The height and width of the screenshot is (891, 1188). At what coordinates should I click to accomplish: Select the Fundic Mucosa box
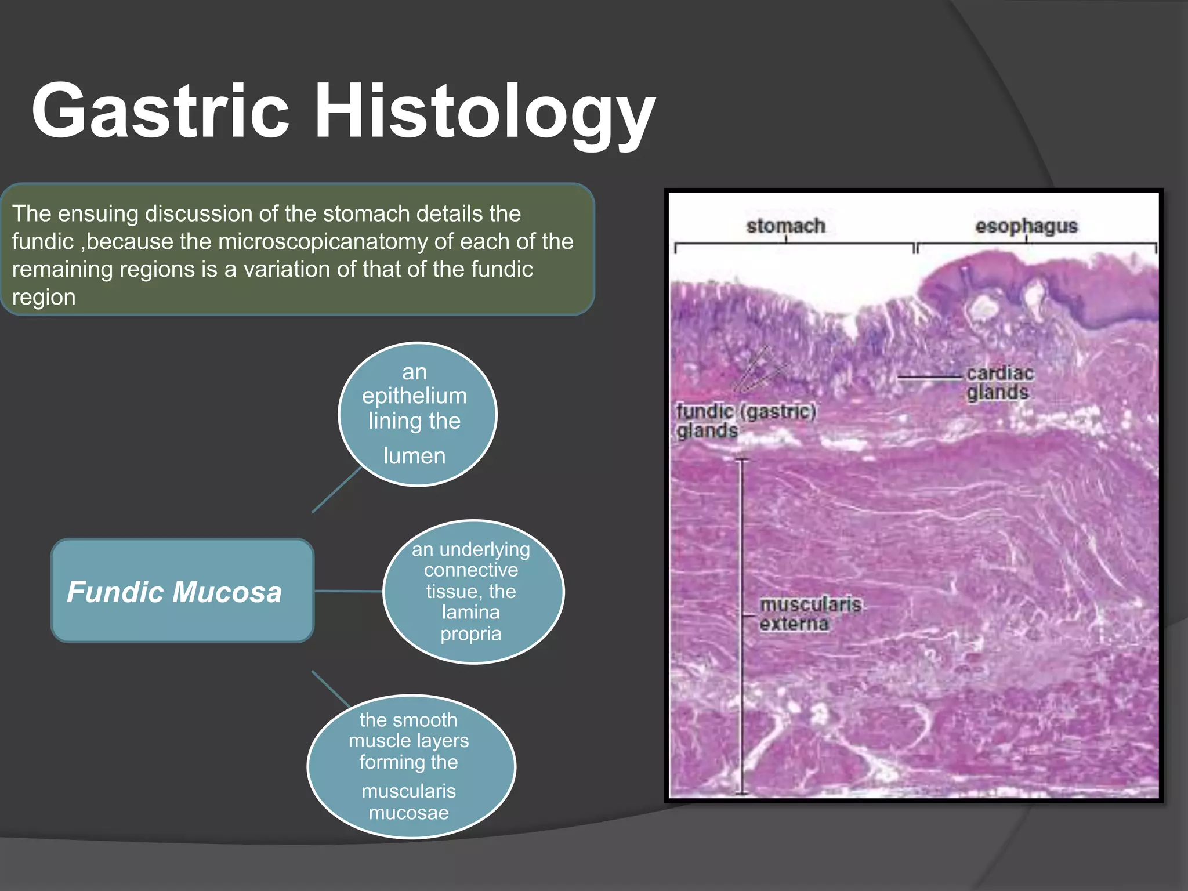(x=182, y=591)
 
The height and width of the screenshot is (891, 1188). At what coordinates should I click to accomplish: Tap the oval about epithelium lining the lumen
(x=417, y=414)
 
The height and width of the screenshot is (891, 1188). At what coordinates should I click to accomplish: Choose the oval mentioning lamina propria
(x=473, y=591)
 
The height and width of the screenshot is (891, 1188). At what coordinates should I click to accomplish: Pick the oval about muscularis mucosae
(x=411, y=766)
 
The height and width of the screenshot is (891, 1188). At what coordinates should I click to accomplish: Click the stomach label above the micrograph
(x=785, y=226)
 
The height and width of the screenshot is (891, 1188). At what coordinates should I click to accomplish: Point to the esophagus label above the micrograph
(x=1026, y=226)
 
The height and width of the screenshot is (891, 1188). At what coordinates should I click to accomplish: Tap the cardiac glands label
(x=999, y=383)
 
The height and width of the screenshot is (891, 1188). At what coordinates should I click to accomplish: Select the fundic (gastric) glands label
(x=745, y=421)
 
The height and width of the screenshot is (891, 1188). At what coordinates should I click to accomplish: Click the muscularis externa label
(x=810, y=614)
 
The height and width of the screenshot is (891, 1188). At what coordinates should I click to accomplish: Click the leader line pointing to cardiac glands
(x=928, y=377)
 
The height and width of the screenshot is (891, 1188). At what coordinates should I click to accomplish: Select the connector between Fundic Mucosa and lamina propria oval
(x=348, y=591)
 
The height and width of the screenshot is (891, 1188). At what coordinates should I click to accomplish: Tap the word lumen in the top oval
(x=414, y=456)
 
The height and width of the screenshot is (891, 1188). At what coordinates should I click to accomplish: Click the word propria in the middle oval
(x=470, y=633)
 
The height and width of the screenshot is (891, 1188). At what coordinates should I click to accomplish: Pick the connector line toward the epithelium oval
(x=336, y=490)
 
